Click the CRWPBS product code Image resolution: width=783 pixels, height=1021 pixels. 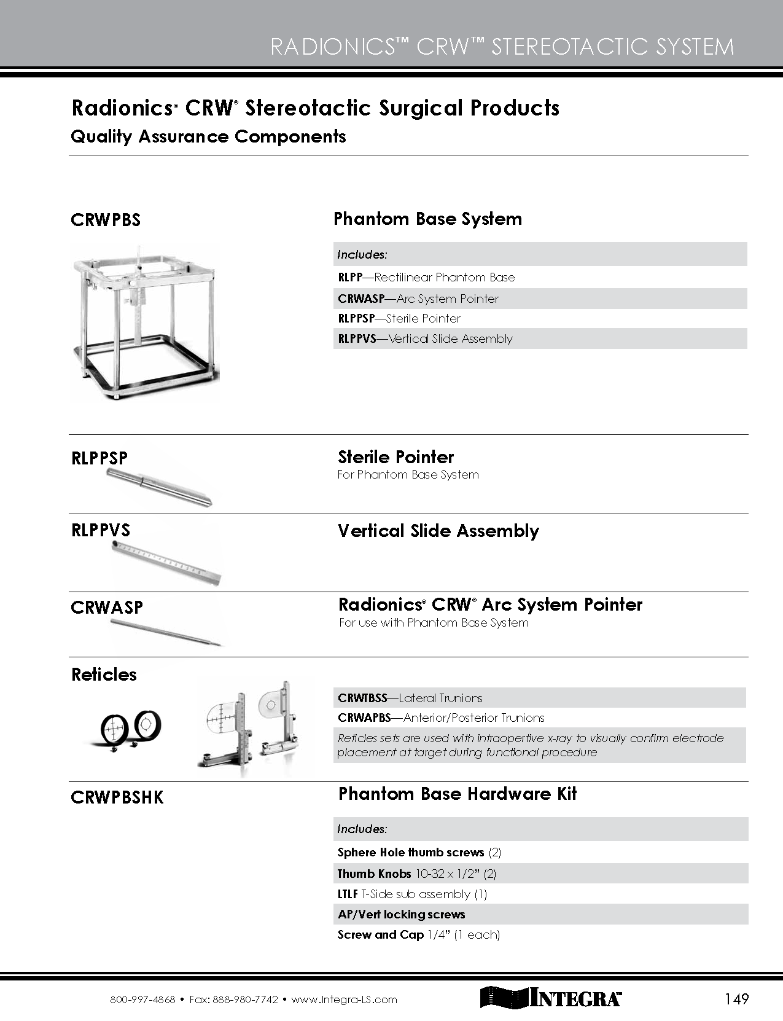[106, 220]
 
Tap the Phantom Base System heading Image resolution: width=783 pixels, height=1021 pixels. [427, 219]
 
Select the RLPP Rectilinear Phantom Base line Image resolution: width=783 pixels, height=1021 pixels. [426, 277]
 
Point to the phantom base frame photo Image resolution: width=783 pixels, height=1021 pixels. [145, 320]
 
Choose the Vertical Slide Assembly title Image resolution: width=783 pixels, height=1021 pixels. [438, 531]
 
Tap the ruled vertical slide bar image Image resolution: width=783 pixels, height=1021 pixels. [166, 562]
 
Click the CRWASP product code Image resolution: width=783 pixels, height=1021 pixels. [107, 608]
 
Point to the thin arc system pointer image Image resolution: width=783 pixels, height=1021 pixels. [166, 633]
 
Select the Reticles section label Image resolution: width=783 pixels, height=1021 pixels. [104, 675]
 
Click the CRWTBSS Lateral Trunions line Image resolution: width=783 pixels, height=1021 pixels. [410, 698]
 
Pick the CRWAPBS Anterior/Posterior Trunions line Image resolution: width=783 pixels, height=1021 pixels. [441, 718]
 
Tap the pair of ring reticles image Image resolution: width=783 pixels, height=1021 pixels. [131, 728]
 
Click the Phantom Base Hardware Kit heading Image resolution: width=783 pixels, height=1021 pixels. [458, 794]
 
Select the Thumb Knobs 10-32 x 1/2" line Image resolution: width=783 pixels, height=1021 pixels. [416, 874]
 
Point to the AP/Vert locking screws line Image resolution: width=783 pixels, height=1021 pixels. [401, 914]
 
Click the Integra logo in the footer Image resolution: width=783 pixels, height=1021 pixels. [550, 998]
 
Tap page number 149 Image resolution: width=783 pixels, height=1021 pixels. [736, 999]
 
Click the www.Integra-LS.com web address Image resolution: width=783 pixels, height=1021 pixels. [344, 999]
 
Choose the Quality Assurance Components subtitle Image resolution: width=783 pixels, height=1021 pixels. [208, 136]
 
